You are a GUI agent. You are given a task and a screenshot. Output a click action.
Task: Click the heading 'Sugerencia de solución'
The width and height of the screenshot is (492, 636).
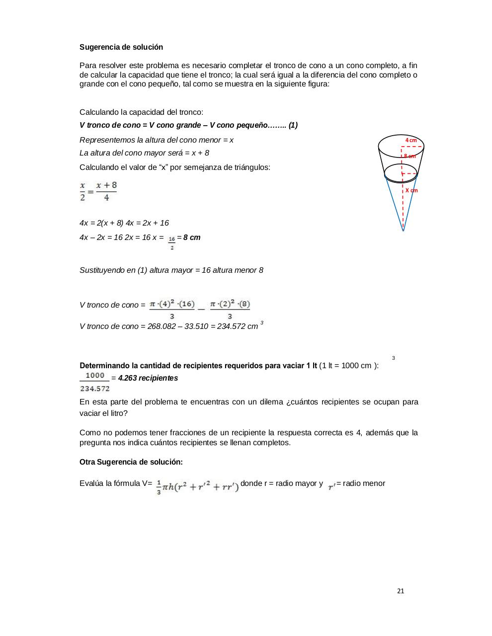pyautogui.click(x=121, y=47)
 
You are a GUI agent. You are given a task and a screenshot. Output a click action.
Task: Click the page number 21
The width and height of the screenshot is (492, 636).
pyautogui.click(x=401, y=591)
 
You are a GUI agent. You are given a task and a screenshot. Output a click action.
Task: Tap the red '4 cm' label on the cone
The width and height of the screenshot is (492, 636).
pyautogui.click(x=411, y=140)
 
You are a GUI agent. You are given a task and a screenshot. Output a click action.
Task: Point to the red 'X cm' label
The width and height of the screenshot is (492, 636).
pyautogui.click(x=411, y=190)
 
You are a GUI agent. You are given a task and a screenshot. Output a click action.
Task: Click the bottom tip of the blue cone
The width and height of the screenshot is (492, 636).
pyautogui.click(x=403, y=231)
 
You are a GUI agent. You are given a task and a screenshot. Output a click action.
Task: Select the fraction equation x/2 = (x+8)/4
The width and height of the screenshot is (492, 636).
pyautogui.click(x=98, y=191)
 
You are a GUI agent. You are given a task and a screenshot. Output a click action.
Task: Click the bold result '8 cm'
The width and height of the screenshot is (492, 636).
pyautogui.click(x=192, y=238)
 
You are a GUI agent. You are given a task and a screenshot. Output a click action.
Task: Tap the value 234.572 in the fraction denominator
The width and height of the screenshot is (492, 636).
pyautogui.click(x=95, y=389)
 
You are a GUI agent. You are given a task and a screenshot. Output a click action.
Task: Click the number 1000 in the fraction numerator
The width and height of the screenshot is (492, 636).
pyautogui.click(x=95, y=376)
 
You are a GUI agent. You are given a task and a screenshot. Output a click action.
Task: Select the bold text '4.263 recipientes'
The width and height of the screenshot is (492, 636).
pyautogui.click(x=148, y=378)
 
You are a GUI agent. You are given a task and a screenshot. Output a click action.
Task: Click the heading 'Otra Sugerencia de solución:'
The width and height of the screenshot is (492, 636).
pyautogui.click(x=131, y=462)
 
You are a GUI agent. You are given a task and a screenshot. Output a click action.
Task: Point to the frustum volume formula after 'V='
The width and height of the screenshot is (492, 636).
pyautogui.click(x=198, y=485)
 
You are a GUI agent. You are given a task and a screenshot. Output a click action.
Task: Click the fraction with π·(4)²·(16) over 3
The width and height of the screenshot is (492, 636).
pyautogui.click(x=172, y=309)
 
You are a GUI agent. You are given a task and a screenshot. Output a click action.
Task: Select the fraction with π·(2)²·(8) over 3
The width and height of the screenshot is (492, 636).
pyautogui.click(x=230, y=309)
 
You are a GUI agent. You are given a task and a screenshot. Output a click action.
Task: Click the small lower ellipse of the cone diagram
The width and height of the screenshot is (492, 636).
pyautogui.click(x=401, y=173)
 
